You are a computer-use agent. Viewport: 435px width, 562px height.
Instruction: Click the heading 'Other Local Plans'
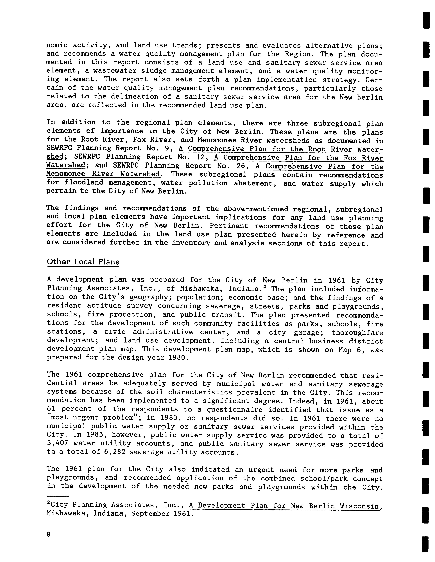click(x=83, y=262)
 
